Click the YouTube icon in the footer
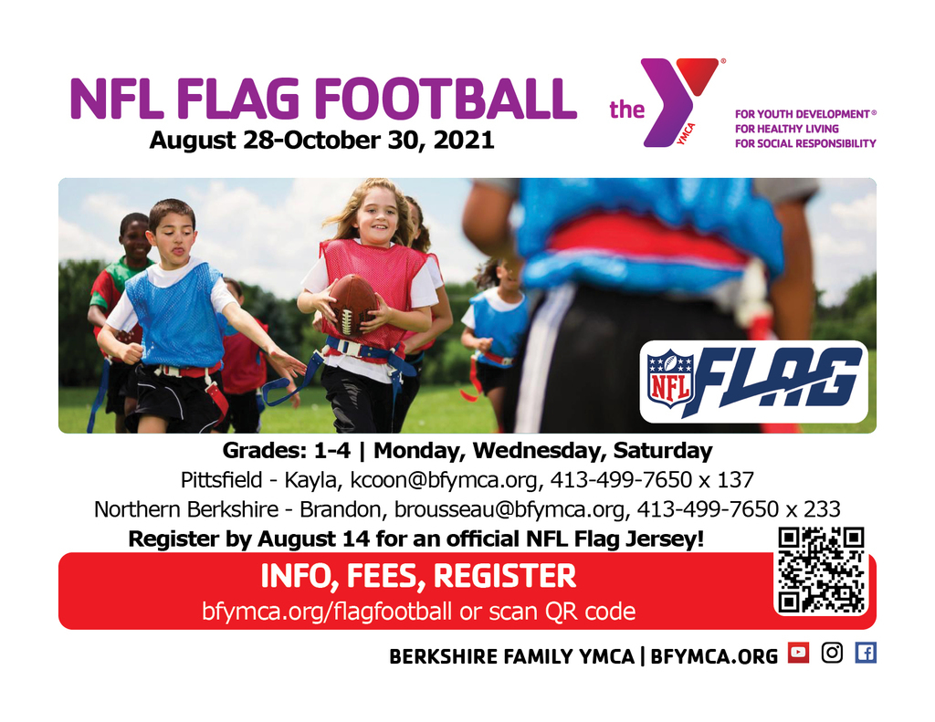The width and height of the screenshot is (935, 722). click(x=798, y=653)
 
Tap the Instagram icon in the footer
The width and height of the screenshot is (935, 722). click(x=832, y=653)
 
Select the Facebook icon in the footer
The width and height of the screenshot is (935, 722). click(x=866, y=653)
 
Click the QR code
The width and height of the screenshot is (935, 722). click(x=821, y=570)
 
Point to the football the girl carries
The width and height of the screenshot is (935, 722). click(x=352, y=305)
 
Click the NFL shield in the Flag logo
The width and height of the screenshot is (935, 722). click(x=670, y=379)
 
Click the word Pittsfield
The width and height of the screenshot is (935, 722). click(x=221, y=479)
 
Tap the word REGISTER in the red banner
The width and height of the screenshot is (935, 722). click(x=504, y=576)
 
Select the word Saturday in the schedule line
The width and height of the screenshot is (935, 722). click(x=663, y=451)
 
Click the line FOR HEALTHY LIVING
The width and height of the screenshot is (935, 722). click(x=786, y=129)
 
